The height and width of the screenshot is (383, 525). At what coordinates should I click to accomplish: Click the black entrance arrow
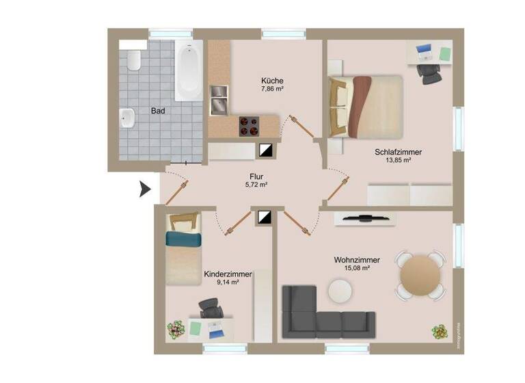(145, 189)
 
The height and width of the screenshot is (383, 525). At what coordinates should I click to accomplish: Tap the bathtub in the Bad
(188, 70)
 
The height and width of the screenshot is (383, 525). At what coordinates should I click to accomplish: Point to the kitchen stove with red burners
(249, 125)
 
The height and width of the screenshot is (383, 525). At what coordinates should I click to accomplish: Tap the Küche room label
(272, 80)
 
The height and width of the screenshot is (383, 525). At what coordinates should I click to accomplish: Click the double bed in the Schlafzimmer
(366, 105)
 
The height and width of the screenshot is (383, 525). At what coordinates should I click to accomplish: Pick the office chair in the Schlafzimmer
(431, 72)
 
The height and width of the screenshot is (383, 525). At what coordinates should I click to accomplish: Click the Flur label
(256, 176)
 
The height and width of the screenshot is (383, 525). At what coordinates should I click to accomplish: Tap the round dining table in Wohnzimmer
(421, 276)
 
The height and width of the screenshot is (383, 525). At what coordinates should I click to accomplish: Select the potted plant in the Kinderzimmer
(176, 330)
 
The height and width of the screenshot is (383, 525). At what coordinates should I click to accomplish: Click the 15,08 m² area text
(357, 269)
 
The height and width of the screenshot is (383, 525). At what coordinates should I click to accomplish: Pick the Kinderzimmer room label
(228, 274)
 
